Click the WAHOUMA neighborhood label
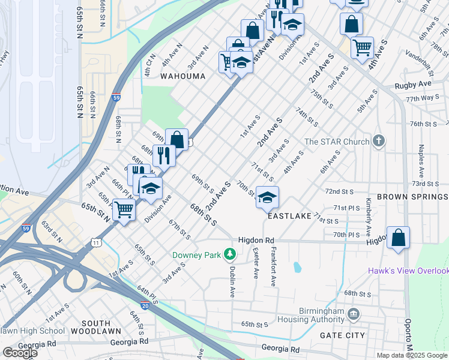182,76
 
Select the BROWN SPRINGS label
412,197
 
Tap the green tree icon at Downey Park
229,255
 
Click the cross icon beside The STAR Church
378,142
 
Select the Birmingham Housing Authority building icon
354,313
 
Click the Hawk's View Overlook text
408,271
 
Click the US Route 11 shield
96,242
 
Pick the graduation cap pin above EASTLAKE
267,197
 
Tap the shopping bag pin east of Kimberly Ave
398,238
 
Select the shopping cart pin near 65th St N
124,211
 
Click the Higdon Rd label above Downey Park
256,240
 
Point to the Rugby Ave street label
414,85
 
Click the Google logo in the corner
20,353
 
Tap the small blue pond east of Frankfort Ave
297,266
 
